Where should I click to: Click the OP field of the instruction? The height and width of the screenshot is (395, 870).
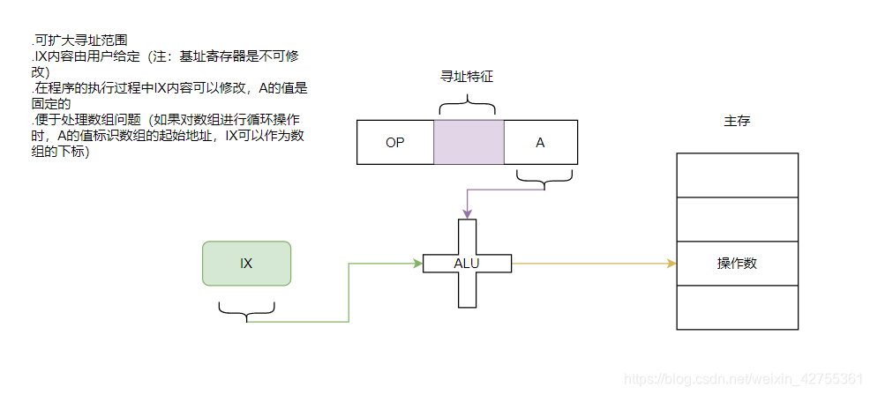point(394,142)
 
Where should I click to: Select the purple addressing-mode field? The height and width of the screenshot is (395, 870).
point(469,142)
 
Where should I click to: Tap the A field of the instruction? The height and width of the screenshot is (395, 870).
point(540,142)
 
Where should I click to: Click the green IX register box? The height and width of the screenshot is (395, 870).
point(246,264)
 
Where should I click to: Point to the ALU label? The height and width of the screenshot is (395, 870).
point(467,264)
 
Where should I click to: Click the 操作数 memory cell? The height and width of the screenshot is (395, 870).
point(737,264)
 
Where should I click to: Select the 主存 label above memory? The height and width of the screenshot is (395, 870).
point(737,121)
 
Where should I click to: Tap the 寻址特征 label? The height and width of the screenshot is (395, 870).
point(467,77)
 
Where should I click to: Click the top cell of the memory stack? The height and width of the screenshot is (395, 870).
point(737,175)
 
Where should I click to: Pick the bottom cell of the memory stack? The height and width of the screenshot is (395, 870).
point(737,307)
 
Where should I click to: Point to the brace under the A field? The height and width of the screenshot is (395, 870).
point(544,182)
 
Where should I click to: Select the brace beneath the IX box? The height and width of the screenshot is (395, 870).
point(246,309)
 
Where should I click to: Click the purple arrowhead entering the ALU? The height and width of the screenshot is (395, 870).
point(467,214)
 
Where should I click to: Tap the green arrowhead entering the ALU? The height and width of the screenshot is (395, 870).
point(418,263)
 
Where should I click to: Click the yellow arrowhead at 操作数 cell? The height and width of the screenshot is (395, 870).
point(671,263)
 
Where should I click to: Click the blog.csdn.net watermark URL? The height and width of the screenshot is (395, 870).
point(742,379)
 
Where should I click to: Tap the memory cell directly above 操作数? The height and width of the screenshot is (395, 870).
point(737,219)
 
